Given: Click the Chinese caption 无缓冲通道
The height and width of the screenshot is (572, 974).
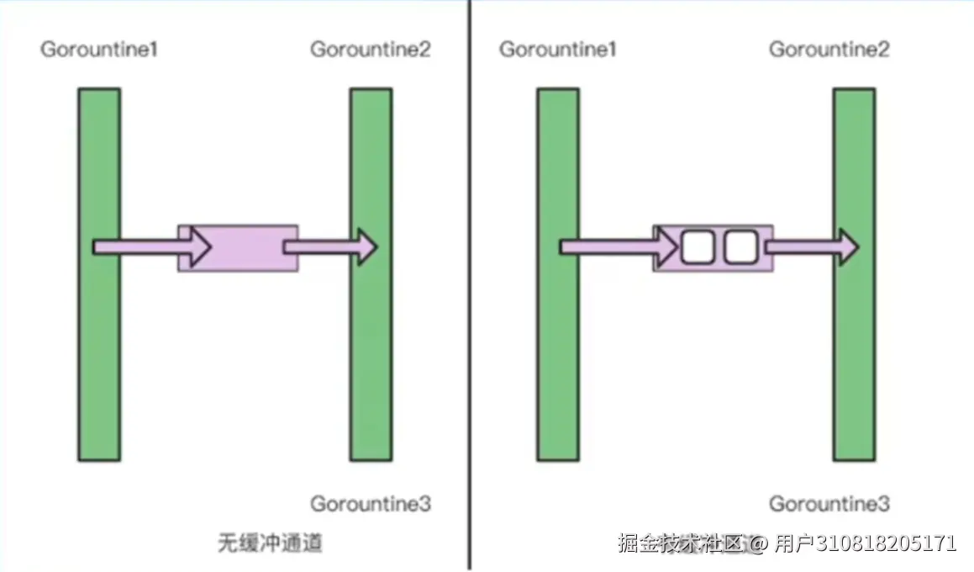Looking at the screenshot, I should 270,543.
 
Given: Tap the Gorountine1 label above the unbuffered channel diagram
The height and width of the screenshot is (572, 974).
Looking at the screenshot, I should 99,50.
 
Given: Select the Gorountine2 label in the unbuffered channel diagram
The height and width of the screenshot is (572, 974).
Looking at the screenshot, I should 371,50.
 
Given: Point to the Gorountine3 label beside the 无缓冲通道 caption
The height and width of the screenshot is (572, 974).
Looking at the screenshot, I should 371,504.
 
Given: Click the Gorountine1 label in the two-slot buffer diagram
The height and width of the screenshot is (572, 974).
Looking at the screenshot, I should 558,50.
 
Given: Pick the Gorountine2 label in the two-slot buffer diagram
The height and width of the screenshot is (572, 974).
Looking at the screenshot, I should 829,50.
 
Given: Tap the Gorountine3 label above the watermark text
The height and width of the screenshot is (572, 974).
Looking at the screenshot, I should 829,504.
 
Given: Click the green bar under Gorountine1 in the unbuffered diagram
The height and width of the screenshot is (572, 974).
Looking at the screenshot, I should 99,353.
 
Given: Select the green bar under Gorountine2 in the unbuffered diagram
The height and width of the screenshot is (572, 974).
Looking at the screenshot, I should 371,353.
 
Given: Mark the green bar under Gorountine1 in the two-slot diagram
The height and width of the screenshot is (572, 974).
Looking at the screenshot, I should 558,353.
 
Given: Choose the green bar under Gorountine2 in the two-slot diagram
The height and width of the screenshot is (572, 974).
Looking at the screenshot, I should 854,353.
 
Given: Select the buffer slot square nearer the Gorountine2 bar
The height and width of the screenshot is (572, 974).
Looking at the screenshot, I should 740,247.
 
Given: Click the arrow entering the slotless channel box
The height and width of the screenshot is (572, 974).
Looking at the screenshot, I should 151,246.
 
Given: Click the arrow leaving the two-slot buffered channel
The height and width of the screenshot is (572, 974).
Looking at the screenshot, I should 811,246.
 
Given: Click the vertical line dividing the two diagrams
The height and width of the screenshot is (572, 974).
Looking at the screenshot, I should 469,286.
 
